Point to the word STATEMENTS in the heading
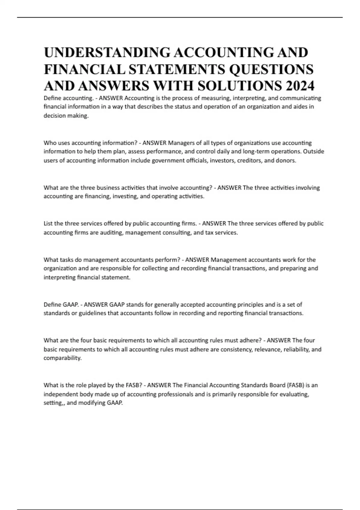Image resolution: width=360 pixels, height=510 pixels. click(177, 69)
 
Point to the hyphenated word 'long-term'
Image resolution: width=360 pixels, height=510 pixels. click(255, 151)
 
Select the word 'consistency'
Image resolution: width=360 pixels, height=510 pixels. click(237, 349)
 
